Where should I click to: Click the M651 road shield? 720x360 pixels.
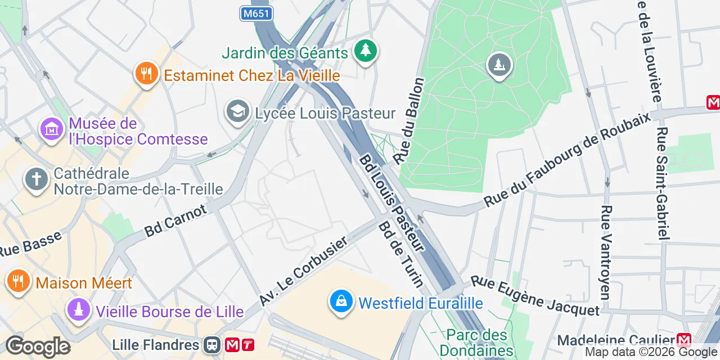[x=256, y=13]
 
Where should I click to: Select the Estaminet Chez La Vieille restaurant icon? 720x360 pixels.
[x=146, y=74]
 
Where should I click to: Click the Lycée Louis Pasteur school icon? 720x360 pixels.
[x=238, y=112]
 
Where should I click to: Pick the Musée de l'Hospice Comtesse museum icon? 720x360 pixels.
[x=51, y=130]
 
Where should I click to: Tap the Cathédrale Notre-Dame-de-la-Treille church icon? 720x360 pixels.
[x=37, y=180]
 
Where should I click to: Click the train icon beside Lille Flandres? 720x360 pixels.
[x=213, y=344]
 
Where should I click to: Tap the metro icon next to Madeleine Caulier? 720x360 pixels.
[x=684, y=340]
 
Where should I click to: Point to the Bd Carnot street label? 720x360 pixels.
[x=175, y=220]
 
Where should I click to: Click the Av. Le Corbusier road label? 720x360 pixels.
[x=304, y=271]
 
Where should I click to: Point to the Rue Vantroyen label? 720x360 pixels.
[x=606, y=251]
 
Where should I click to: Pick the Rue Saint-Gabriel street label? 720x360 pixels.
[x=663, y=184]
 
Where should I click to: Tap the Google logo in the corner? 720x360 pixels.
[x=38, y=346]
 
